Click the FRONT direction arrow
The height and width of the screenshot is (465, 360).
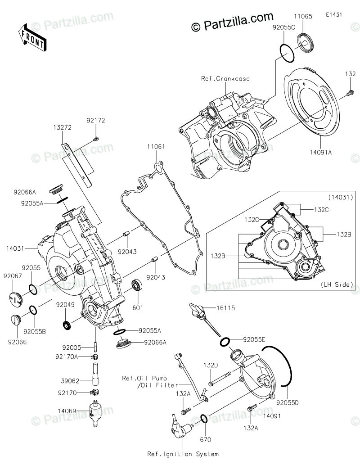31,36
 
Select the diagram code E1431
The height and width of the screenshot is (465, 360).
334,14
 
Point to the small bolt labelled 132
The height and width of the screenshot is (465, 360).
349,94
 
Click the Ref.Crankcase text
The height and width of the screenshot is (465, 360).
220,78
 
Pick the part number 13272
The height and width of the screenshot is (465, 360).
63,128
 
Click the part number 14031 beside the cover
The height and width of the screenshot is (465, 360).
16,248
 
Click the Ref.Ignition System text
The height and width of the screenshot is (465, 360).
183,454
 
